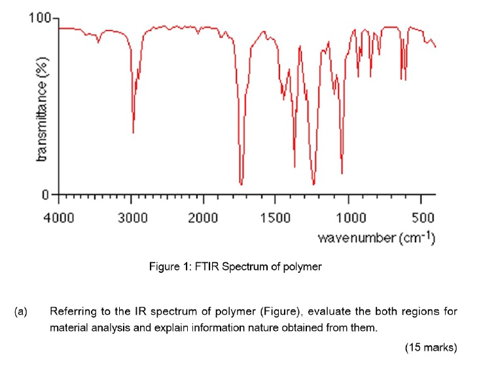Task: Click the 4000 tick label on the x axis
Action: click(x=59, y=217)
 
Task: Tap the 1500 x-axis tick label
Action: click(x=275, y=217)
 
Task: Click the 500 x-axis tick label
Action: click(x=423, y=217)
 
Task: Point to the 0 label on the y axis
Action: click(x=46, y=194)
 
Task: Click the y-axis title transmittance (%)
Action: click(x=43, y=108)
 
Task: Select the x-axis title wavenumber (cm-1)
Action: click(x=377, y=237)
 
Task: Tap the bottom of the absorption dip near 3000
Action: click(x=133, y=132)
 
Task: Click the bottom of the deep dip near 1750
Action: click(x=241, y=184)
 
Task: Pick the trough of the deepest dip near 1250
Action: click(x=314, y=184)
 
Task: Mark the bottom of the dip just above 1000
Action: click(x=342, y=173)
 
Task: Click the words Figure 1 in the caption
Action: click(x=167, y=268)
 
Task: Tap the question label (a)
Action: click(x=20, y=311)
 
